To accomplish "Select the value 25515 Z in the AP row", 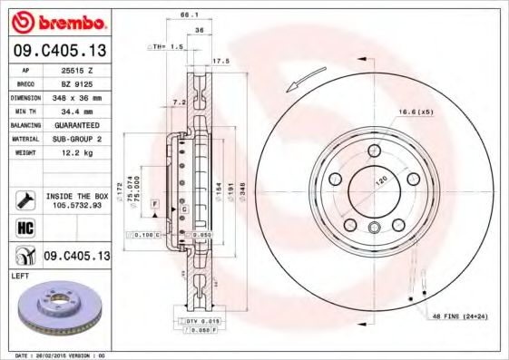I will coord(77,69).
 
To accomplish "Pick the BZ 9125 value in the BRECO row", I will coord(77,83).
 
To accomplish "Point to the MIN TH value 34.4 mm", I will coord(77,110).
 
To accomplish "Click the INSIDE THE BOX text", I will coord(77,196).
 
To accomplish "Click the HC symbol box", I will coord(25,226).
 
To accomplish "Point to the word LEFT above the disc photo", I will coord(20,274).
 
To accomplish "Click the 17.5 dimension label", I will coord(220,62).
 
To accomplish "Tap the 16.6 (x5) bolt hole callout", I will coord(416,112).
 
